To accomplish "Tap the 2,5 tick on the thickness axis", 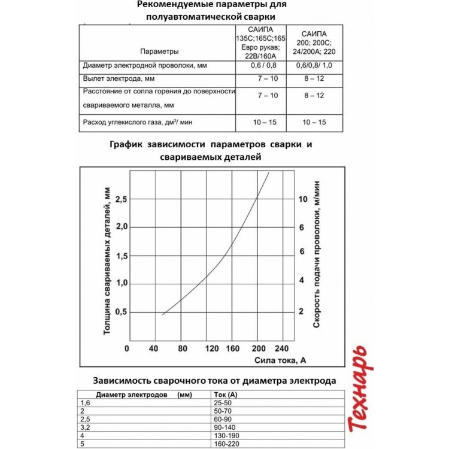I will (x=121, y=199).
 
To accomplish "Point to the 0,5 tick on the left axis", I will (x=121, y=312).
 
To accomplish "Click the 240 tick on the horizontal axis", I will (x=281, y=348).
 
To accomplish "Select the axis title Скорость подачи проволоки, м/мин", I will (x=317, y=254).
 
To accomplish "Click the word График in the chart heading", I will (x=130, y=145).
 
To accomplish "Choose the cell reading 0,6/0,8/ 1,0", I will (x=314, y=65).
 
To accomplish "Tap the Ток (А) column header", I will (x=226, y=395).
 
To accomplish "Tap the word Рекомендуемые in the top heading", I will (x=174, y=5).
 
